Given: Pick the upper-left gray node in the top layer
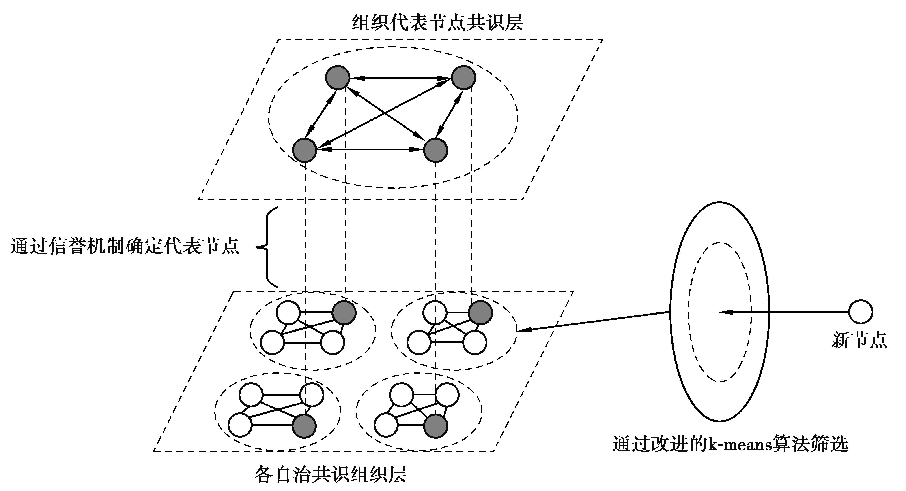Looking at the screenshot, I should [338, 77].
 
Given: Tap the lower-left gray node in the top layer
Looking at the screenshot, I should [305, 150].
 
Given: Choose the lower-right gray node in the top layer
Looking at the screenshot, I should [435, 150].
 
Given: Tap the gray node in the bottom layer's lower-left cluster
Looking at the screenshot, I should [304, 426].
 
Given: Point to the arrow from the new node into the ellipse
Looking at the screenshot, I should [784, 312].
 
